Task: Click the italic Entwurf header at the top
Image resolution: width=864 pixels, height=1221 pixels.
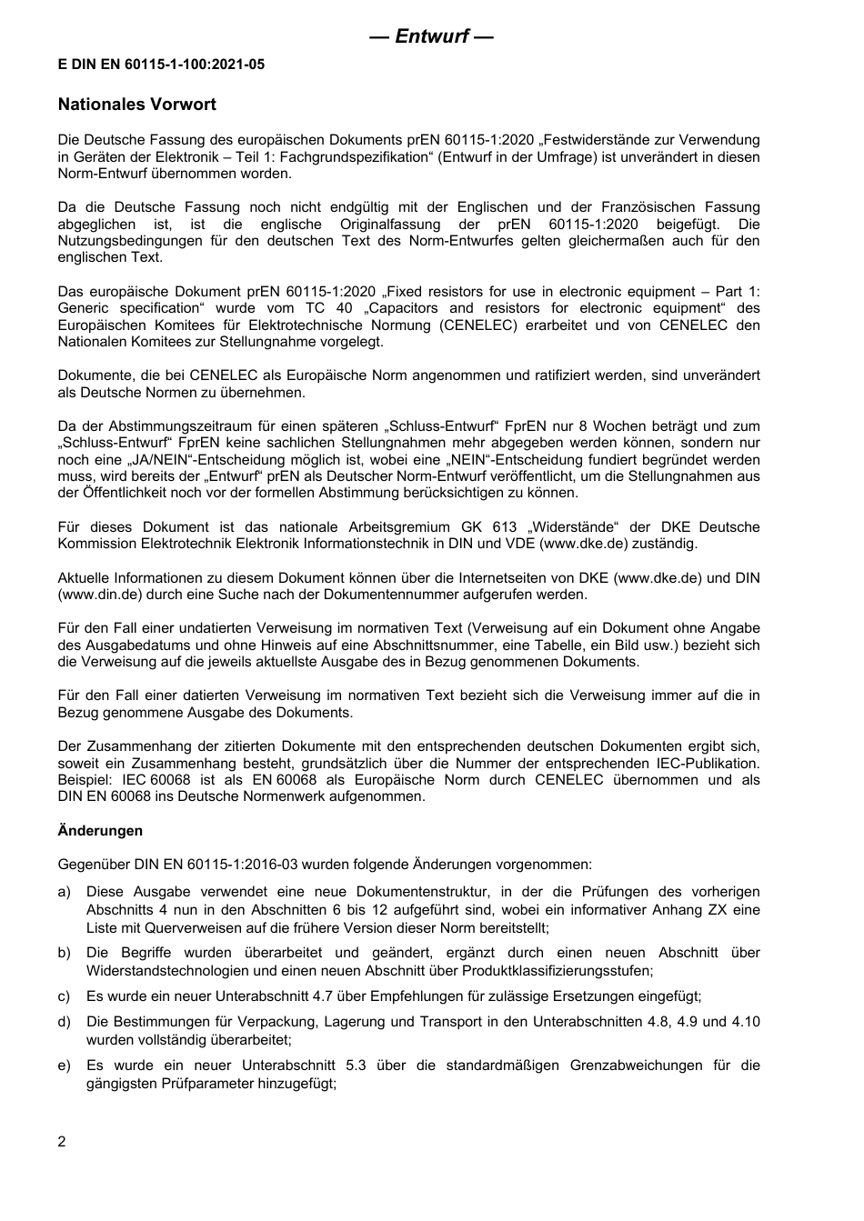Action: (x=432, y=36)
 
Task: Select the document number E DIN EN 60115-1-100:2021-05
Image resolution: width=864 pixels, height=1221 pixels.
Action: (x=161, y=65)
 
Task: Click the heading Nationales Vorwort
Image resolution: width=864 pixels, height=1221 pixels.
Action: (x=136, y=105)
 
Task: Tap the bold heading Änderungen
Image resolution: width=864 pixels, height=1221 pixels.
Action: (x=100, y=830)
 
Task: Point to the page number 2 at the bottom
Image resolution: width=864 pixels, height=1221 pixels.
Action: (x=62, y=1142)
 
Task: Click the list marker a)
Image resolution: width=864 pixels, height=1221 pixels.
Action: (x=65, y=893)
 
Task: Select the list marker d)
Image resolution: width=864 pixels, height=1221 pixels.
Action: (x=65, y=1022)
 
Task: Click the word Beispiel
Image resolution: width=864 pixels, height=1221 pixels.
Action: (x=85, y=780)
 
